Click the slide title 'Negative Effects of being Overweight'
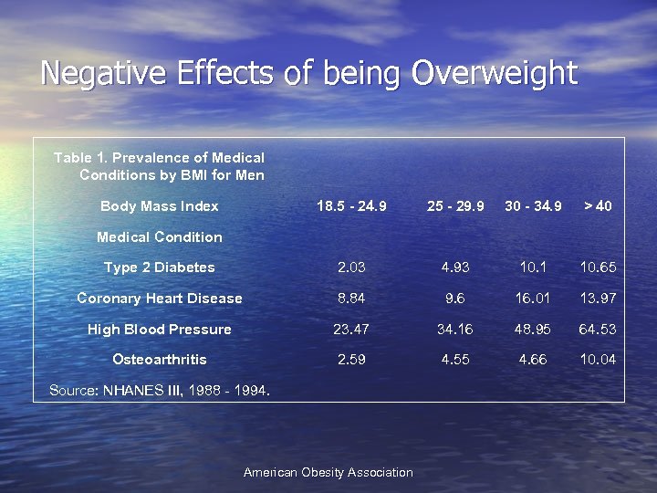click(309, 72)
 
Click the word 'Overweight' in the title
click(495, 72)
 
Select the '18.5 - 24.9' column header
click(351, 206)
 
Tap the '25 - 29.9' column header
click(455, 206)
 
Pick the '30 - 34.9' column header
click(533, 206)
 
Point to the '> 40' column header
click(598, 206)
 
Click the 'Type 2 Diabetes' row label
click(160, 267)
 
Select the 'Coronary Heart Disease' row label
click(160, 299)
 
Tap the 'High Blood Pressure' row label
click(160, 330)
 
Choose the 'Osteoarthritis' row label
click(160, 360)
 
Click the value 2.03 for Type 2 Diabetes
click(351, 267)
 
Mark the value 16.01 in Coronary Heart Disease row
click(533, 299)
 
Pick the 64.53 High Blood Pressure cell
click(598, 330)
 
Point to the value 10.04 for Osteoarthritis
click(598, 360)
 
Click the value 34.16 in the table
click(455, 330)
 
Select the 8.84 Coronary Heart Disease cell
click(351, 299)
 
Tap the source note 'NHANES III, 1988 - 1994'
click(160, 391)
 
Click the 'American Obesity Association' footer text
click(328, 473)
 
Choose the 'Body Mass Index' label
click(160, 206)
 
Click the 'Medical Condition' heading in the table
click(160, 237)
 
